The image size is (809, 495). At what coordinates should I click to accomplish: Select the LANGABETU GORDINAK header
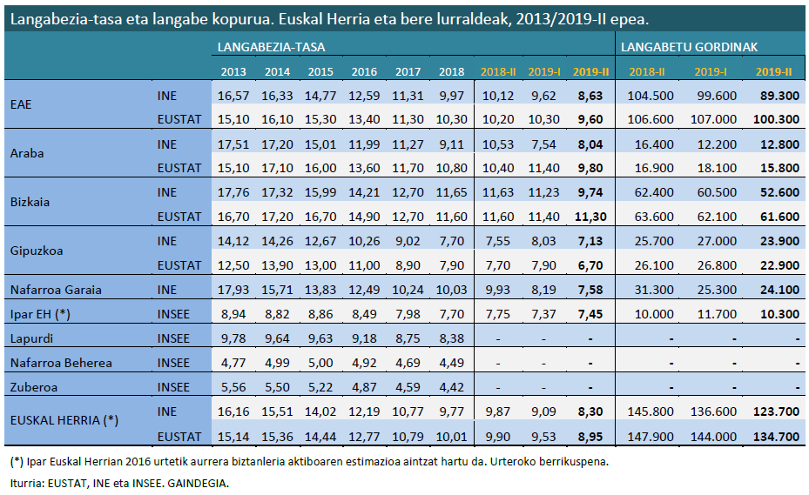click(688, 47)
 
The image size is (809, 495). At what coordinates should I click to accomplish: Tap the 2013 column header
click(233, 72)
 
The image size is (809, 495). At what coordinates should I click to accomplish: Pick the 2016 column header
click(364, 72)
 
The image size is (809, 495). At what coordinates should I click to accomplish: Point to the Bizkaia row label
click(30, 202)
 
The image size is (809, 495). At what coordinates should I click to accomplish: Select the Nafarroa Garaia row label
click(56, 290)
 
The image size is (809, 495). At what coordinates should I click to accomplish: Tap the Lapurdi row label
click(31, 338)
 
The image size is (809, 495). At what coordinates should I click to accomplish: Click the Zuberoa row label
click(32, 387)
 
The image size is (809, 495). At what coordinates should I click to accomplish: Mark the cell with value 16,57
click(233, 96)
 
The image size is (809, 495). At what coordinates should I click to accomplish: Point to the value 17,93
click(233, 290)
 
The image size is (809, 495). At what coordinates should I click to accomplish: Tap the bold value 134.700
click(774, 436)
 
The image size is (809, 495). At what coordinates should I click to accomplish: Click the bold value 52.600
click(774, 192)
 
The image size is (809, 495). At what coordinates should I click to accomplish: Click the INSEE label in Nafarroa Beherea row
click(174, 363)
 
